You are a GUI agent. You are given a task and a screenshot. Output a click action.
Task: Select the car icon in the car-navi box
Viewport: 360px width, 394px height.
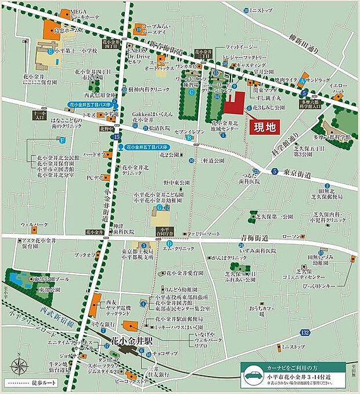[x=253, y=374]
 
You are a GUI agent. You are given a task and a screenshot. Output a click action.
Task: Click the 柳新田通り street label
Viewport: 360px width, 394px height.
[x=321, y=27]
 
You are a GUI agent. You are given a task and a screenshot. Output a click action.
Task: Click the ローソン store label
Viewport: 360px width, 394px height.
[x=292, y=236]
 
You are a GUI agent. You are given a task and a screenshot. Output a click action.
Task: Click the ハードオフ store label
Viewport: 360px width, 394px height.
[x=93, y=155]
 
